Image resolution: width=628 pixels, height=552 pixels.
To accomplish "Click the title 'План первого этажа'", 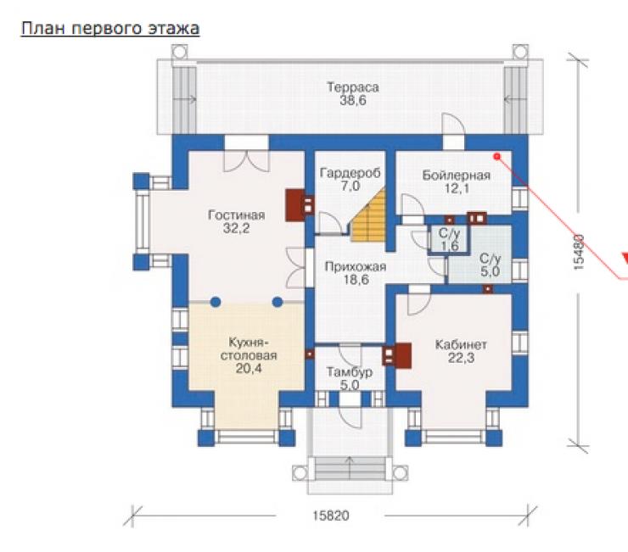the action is pyautogui.click(x=110, y=29).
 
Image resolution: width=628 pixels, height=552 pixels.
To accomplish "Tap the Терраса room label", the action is pyautogui.click(x=353, y=86).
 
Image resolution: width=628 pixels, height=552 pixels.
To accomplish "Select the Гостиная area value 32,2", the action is pyautogui.click(x=236, y=228).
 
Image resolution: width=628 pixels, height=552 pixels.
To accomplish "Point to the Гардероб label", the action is pyautogui.click(x=350, y=173).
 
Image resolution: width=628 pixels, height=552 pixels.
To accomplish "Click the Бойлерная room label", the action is pyautogui.click(x=457, y=176).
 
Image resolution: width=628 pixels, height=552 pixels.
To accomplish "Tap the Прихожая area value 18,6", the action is pyautogui.click(x=356, y=280).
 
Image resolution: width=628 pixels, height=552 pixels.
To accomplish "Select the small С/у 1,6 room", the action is pyautogui.click(x=449, y=239).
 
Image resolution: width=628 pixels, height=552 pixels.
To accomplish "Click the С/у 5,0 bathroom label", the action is pyautogui.click(x=491, y=265).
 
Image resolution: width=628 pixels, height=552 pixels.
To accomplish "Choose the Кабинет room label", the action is pyautogui.click(x=461, y=344).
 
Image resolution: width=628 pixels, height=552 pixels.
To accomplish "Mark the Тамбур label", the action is pyautogui.click(x=350, y=372).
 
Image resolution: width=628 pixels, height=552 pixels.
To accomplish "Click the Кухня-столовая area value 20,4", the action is pyautogui.click(x=249, y=368).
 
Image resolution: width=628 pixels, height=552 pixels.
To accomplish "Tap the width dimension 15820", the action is pyautogui.click(x=331, y=516).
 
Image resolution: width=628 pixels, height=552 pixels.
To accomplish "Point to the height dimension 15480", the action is pyautogui.click(x=579, y=252).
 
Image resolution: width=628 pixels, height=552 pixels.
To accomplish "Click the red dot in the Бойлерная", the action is pyautogui.click(x=497, y=157).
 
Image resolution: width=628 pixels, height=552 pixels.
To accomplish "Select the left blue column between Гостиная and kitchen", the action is pyautogui.click(x=216, y=302).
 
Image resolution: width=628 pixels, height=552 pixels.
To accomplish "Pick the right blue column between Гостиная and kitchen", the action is pyautogui.click(x=278, y=302).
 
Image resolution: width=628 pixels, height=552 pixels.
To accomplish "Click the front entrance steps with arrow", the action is pyautogui.click(x=350, y=468).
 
